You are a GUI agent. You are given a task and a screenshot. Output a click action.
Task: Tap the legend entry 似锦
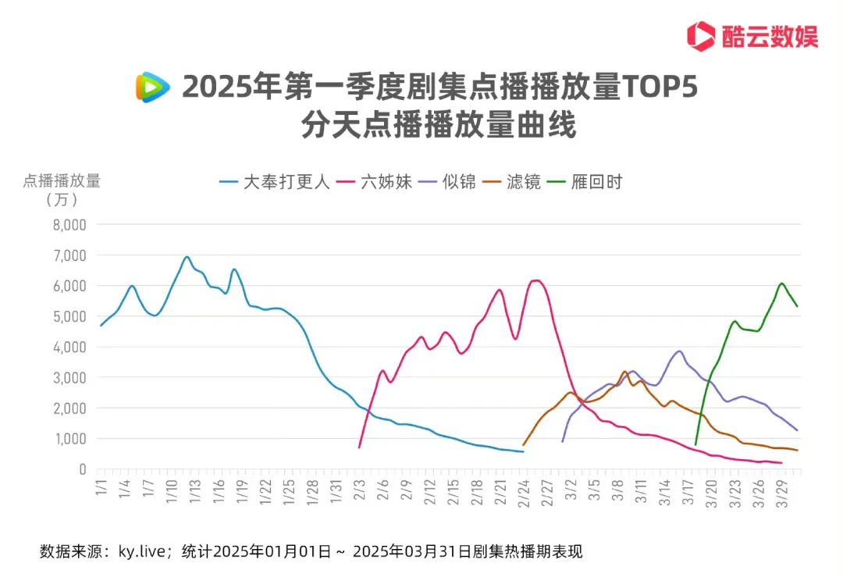(457, 182)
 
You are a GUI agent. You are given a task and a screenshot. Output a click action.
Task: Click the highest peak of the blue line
(187, 257)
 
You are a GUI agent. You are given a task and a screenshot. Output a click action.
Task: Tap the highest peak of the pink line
(535, 280)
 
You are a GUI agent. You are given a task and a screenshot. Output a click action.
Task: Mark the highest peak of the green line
(781, 283)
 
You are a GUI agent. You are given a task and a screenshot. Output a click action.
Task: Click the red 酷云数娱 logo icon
(701, 36)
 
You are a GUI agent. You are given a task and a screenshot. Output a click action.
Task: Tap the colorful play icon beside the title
(152, 87)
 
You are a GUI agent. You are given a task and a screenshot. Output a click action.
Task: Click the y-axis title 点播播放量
(62, 180)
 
